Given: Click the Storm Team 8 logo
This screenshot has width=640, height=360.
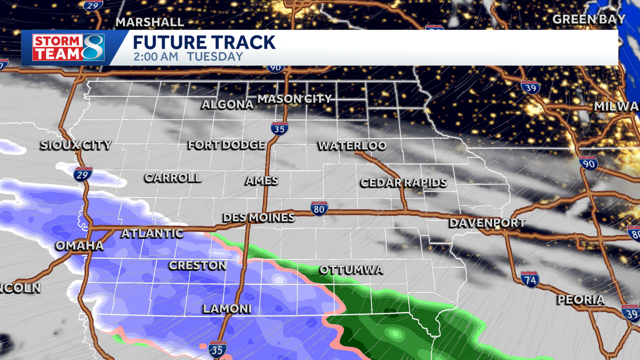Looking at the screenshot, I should pyautogui.click(x=68, y=47).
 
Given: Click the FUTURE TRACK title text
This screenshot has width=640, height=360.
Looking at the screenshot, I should pyautogui.click(x=204, y=43).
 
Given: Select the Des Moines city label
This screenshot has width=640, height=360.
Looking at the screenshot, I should pyautogui.click(x=259, y=217).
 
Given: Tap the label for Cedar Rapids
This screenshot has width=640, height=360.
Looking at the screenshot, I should pyautogui.click(x=404, y=182).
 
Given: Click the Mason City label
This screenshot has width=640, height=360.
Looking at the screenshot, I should pyautogui.click(x=294, y=99).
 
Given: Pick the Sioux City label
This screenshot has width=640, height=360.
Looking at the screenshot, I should pyautogui.click(x=76, y=145).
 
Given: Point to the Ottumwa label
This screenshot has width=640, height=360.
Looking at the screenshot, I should pyautogui.click(x=351, y=270).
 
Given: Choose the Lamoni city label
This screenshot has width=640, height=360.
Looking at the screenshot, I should pyautogui.click(x=227, y=309).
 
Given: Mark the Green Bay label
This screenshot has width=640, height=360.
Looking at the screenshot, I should pyautogui.click(x=589, y=19).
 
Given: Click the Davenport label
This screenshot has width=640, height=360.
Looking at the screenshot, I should pyautogui.click(x=487, y=223).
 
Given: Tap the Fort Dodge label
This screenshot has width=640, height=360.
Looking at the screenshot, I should pyautogui.click(x=226, y=145).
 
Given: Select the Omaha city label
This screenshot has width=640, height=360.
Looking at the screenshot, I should pyautogui.click(x=79, y=246).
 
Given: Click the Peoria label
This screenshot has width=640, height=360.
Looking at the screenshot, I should pyautogui.click(x=581, y=300).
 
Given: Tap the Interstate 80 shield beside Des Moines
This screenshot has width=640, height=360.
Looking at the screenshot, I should pyautogui.click(x=319, y=208).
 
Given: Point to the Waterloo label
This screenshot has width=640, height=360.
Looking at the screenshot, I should pyautogui.click(x=352, y=146).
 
